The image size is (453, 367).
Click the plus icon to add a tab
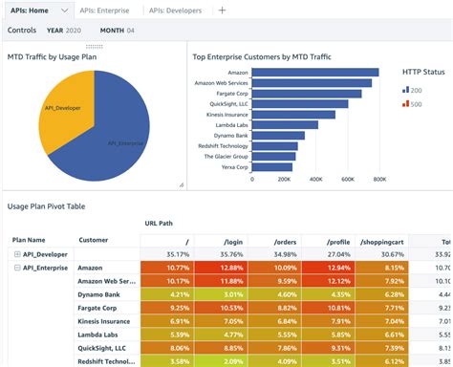pos(223,10)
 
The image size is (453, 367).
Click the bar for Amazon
pos(315,72)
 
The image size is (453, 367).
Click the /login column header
pos(232,244)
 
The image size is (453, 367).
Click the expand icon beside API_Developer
pos(17,254)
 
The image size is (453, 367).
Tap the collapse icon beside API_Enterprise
pos(17,269)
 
